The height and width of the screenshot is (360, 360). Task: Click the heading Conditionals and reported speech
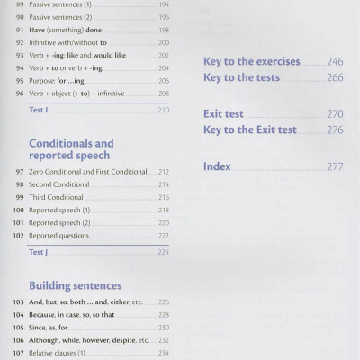point(71,149)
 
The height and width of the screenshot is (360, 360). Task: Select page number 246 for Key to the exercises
point(336,63)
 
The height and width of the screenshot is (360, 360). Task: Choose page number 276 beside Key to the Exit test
point(336,130)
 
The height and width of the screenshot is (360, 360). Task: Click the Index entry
point(218,166)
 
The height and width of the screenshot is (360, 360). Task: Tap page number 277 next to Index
point(336,166)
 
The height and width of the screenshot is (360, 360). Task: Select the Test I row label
point(39,110)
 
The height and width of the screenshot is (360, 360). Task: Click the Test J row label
point(39,252)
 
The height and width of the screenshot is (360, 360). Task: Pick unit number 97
point(20,172)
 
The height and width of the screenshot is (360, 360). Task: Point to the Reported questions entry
point(59,236)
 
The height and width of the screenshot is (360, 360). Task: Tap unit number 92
point(20,41)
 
